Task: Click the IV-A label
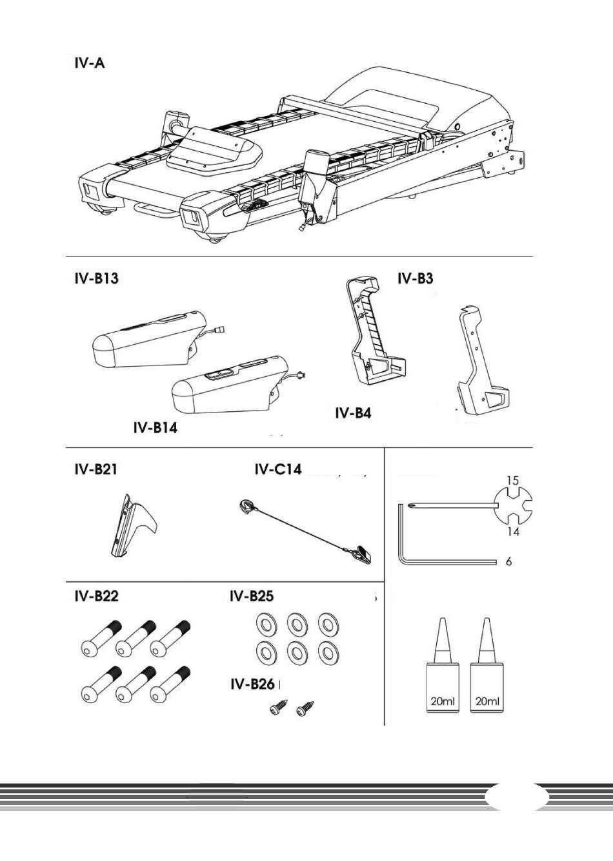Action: click(89, 63)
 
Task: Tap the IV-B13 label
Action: click(96, 278)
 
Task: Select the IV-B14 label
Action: click(156, 428)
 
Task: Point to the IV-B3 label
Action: click(415, 278)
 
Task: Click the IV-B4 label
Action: click(353, 414)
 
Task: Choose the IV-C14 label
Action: click(278, 469)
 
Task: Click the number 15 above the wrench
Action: click(513, 481)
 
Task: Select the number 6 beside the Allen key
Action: click(508, 561)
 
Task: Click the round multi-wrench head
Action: click(514, 506)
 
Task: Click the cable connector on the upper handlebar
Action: click(219, 329)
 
